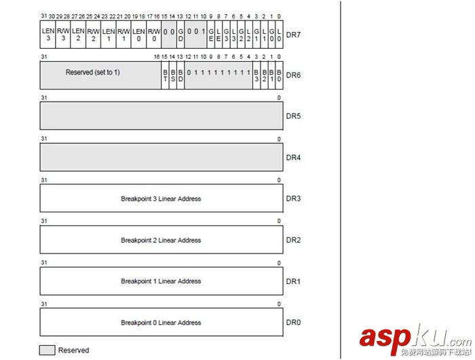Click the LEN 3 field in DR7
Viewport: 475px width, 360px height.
pos(47,34)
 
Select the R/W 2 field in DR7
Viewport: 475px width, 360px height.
pos(93,34)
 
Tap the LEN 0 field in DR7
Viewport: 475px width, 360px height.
pos(138,34)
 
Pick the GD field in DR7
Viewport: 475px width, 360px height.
pos(180,34)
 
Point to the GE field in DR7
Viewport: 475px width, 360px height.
pos(210,34)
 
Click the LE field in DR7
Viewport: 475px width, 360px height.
pos(218,34)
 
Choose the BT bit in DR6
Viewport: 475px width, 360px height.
pos(165,75)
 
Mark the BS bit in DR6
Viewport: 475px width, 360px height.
pos(172,75)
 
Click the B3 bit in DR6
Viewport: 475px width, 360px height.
pos(256,75)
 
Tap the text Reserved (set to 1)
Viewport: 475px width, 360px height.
pos(93,72)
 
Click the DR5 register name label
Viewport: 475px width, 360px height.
pos(293,116)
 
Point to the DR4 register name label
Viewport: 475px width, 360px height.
pos(293,158)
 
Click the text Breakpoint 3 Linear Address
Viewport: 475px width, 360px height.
pos(161,199)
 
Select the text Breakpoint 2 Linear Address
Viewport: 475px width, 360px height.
pos(161,241)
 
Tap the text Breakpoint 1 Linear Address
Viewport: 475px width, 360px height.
pos(161,281)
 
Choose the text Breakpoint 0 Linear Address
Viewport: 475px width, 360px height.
pos(161,323)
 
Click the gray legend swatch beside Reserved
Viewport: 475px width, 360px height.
pos(47,351)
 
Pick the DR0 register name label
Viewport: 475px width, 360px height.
pos(293,323)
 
